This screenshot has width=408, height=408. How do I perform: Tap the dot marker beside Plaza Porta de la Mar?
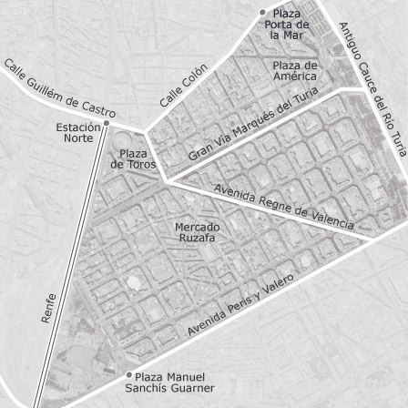click(x=263, y=12)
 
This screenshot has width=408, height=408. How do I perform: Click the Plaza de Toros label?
click(x=129, y=159)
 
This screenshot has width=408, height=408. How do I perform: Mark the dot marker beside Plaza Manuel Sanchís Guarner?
click(x=129, y=373)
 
